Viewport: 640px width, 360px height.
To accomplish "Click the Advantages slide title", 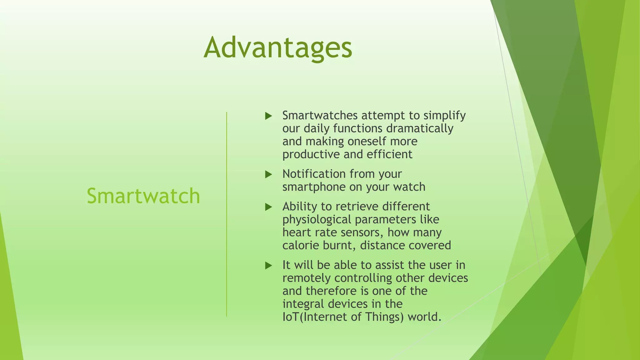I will tap(278, 48).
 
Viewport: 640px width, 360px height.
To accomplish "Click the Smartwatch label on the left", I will tap(143, 196).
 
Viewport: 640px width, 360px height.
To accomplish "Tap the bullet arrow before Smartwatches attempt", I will tap(268, 116).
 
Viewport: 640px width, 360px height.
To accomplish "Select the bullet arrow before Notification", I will tap(268, 174).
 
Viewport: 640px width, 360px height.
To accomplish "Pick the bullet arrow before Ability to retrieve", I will tap(268, 207).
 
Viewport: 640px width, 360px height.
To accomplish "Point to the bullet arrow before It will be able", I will tap(268, 266).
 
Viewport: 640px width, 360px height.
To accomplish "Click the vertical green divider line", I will tap(227, 214).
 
